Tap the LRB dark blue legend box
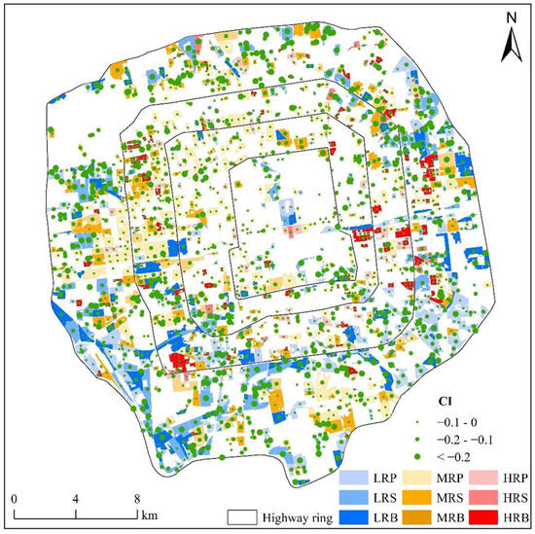pos(355,515)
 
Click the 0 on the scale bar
pos(14,500)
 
